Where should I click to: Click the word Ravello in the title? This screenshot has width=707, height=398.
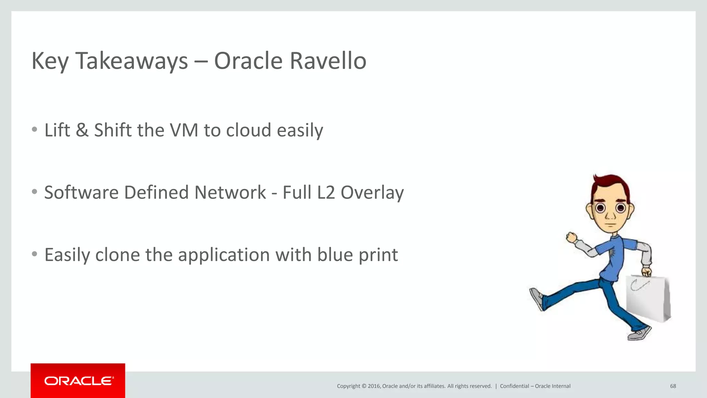[328, 61]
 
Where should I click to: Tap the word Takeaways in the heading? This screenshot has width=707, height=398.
[132, 61]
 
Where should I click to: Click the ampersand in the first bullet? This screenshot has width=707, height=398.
[82, 130]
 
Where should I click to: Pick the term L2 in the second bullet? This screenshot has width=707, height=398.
[326, 192]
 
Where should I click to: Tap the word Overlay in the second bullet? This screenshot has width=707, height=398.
[372, 192]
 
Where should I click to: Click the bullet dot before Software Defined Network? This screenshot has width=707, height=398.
[34, 192]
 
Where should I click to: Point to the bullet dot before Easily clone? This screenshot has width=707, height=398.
[34, 254]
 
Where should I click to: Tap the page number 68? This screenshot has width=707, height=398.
[673, 386]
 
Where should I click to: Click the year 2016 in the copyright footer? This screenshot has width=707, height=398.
[374, 386]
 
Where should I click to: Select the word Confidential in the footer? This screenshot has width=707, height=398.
[514, 386]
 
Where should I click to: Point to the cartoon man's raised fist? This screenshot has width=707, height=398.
[571, 238]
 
